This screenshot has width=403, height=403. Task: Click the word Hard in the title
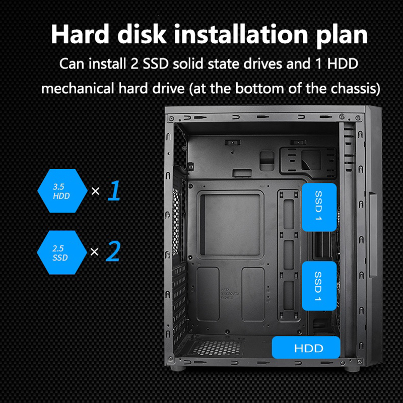coord(80,34)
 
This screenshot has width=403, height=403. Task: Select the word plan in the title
coord(342,36)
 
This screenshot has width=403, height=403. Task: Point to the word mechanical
coord(78,89)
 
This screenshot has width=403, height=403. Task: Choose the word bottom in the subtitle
coord(259,89)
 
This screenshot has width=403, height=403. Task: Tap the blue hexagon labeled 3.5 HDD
coord(62,191)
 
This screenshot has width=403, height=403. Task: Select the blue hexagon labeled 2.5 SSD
coord(61,252)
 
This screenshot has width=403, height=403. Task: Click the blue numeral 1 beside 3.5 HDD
coord(114,190)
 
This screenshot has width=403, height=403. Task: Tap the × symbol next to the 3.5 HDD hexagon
coord(95,191)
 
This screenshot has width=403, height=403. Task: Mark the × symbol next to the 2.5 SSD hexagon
coord(95,252)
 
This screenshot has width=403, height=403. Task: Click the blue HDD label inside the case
coord(306,347)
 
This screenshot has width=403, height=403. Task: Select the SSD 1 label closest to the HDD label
coord(319,286)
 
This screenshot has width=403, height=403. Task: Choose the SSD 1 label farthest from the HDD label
coord(319,207)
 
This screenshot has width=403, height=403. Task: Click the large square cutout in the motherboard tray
coord(230,224)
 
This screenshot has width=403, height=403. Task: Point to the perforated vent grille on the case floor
coord(217,348)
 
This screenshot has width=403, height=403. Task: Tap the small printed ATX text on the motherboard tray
coord(230,293)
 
